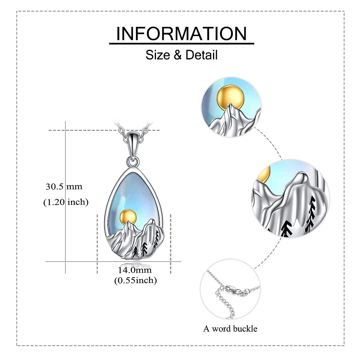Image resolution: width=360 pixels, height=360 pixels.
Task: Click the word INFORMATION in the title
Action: [181, 34]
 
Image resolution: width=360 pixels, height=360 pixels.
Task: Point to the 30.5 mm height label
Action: [64, 187]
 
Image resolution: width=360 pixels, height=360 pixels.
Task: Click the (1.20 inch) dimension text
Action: [66, 202]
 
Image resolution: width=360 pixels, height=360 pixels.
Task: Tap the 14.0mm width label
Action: [135, 270]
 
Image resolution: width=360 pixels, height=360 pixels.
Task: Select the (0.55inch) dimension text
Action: [136, 280]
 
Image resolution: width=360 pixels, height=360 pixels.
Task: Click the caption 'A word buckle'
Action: [230, 329]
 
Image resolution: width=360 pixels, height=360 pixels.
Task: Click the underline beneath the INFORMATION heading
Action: [181, 44]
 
